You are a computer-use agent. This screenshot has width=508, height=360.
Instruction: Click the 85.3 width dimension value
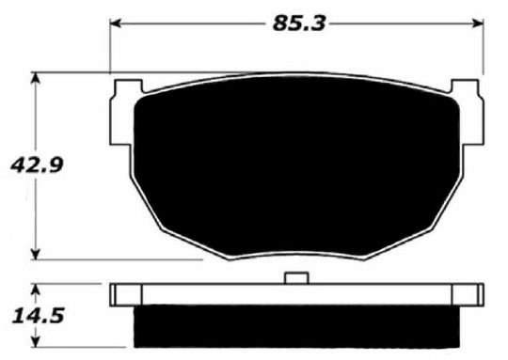click(299, 23)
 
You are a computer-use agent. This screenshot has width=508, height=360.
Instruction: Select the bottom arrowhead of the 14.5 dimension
click(35, 340)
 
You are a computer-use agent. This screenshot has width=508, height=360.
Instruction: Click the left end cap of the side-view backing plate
click(119, 295)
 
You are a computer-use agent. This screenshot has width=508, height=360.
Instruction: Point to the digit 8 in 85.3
click(281, 23)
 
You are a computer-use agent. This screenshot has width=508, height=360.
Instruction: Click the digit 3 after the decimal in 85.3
click(319, 23)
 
